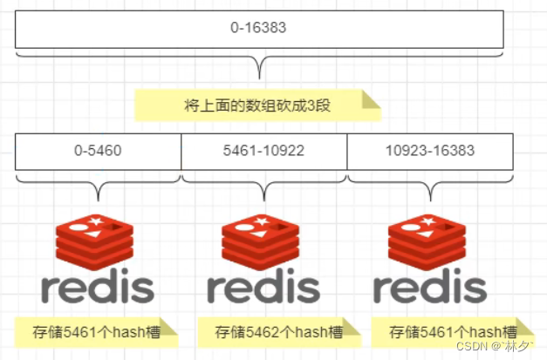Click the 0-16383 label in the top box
[x=258, y=28]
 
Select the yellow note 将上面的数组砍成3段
[x=258, y=105]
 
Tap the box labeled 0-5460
[x=98, y=151]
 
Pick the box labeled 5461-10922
[x=263, y=151]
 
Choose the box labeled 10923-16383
[x=429, y=151]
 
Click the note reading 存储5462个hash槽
[x=277, y=331]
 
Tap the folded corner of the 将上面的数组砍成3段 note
[x=371, y=98]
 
